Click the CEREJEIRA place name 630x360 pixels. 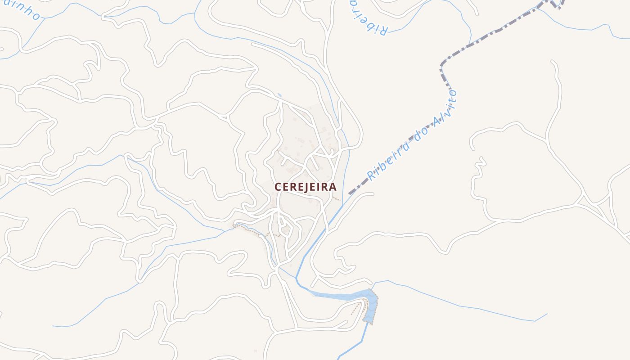coord(306,187)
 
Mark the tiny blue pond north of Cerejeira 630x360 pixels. coord(279,95)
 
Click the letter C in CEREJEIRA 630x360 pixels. coord(278,187)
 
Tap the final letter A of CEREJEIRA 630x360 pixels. coord(333,187)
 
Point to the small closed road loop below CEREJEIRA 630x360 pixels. coord(283,224)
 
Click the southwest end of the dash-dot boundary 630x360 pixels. coord(350,193)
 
